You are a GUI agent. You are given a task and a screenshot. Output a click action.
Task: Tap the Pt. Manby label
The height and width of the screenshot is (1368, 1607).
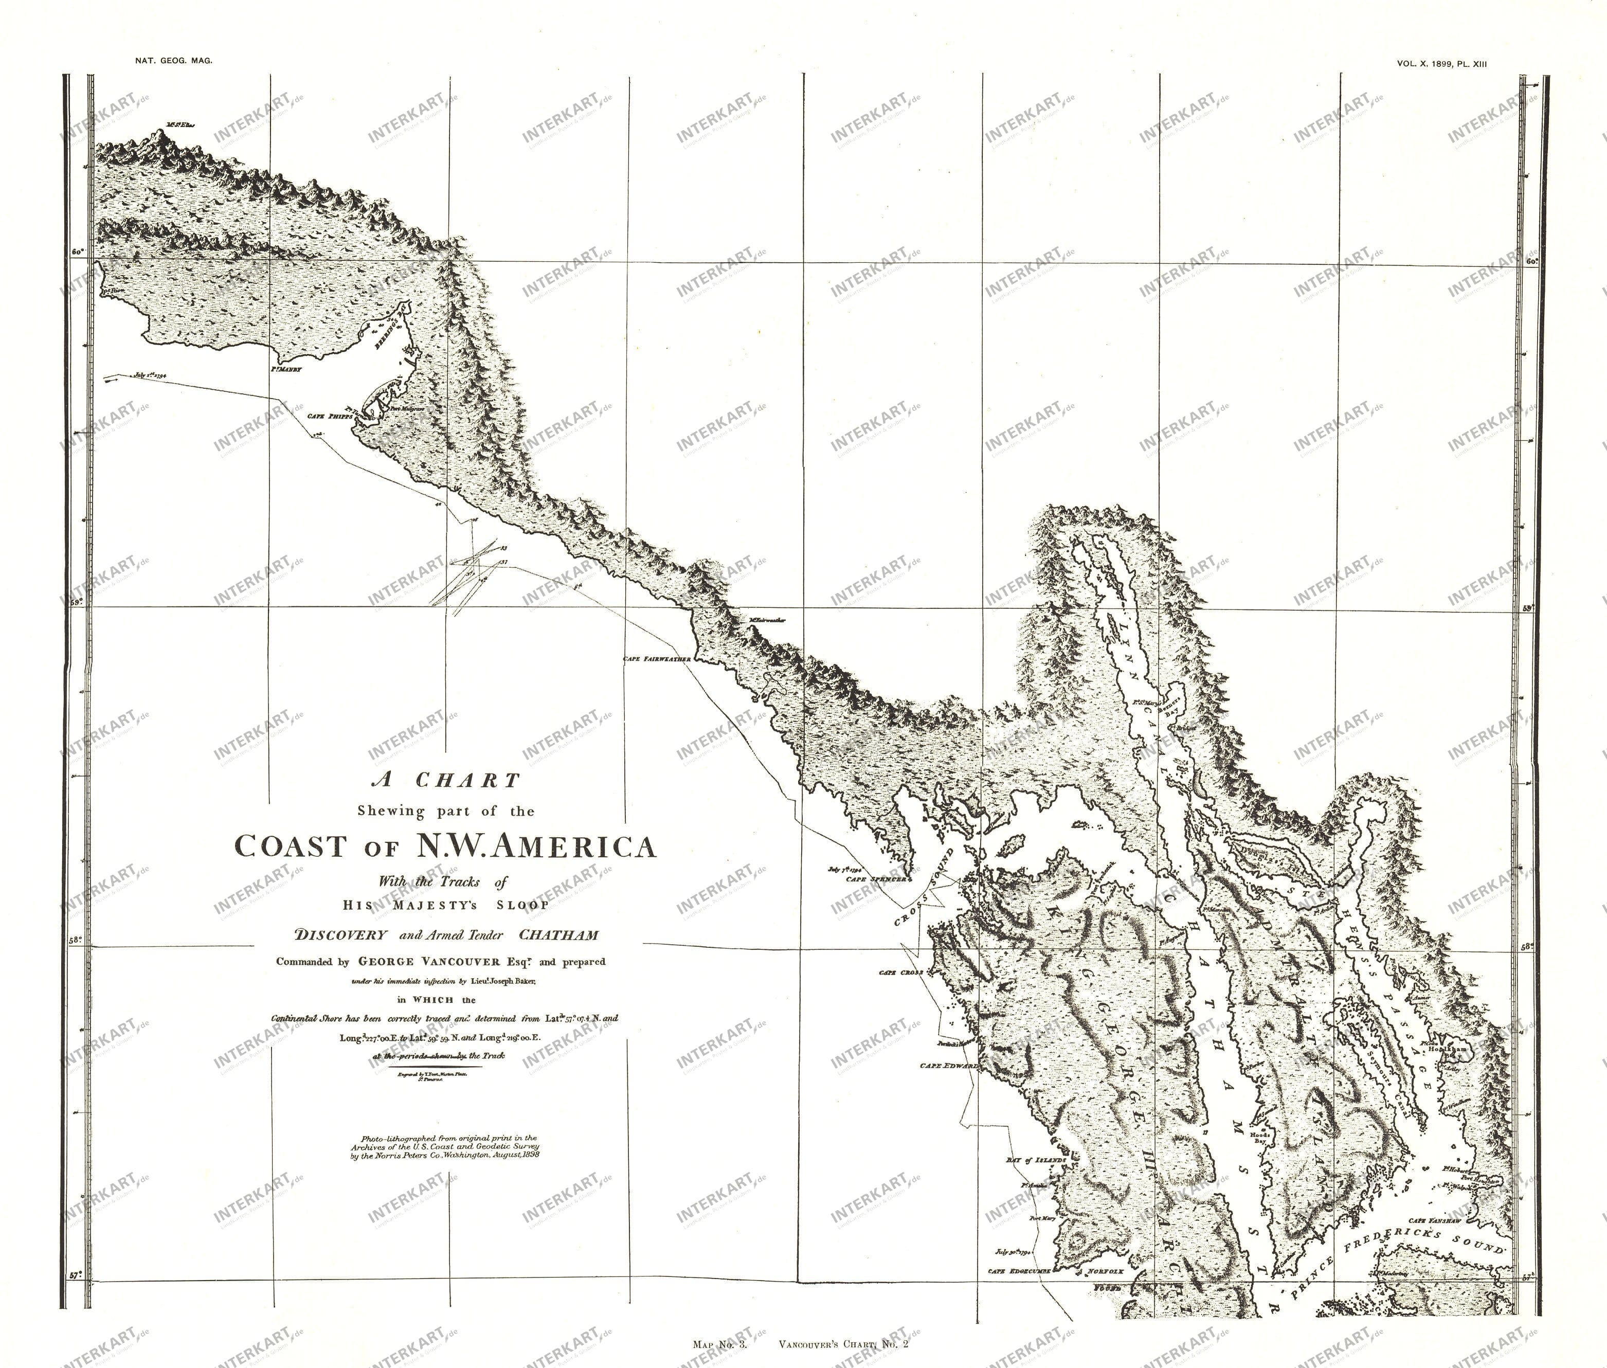tap(285, 371)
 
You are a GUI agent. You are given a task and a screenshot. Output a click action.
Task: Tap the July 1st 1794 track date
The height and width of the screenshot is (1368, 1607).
tap(151, 374)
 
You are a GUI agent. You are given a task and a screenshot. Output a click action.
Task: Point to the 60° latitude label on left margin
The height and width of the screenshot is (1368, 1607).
tap(77, 252)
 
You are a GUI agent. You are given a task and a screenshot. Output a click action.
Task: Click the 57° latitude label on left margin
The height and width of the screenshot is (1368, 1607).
tap(75, 1274)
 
